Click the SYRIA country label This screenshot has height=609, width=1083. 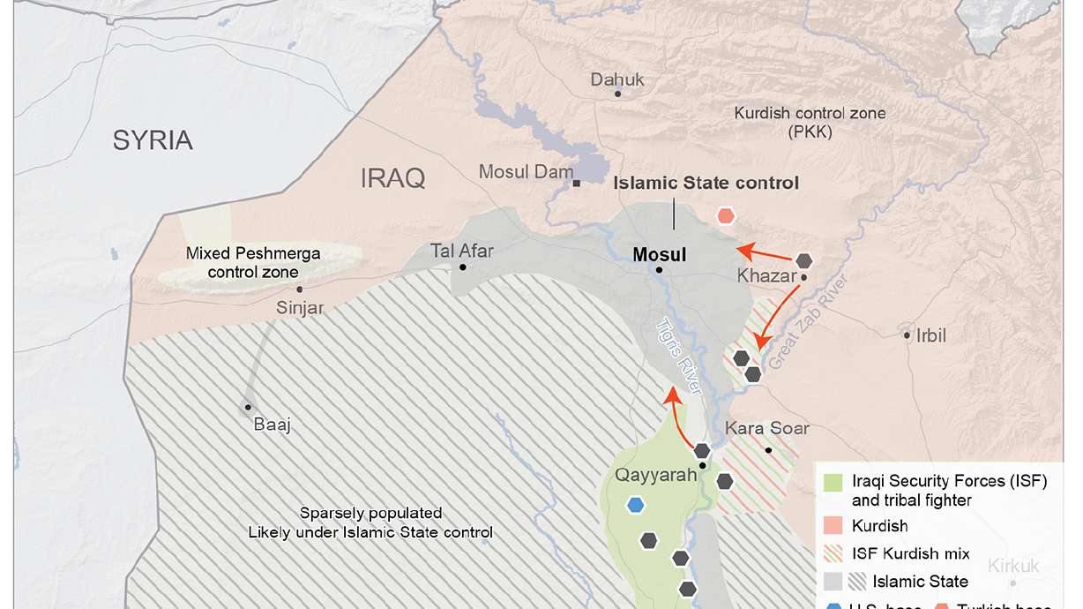coord(153,140)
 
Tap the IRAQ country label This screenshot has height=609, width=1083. coord(392,179)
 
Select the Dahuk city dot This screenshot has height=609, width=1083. coord(617,94)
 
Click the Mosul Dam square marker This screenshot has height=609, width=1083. coord(576,184)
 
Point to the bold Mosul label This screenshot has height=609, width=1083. coord(660,255)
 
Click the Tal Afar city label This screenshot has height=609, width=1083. coord(462,251)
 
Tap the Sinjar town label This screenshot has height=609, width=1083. coord(300,308)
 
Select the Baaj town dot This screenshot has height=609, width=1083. coord(248,407)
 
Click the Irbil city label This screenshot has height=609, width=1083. coord(930,335)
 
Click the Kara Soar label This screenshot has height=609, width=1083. coord(766,429)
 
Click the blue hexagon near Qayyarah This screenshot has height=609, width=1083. coord(635,505)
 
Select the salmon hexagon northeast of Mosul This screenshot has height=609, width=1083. coord(726,215)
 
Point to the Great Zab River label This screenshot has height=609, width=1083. coord(794,323)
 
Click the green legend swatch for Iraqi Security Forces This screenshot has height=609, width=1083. coord(833,483)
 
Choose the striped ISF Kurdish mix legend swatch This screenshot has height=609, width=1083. coord(833,553)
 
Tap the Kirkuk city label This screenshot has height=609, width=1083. coord(1013,567)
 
